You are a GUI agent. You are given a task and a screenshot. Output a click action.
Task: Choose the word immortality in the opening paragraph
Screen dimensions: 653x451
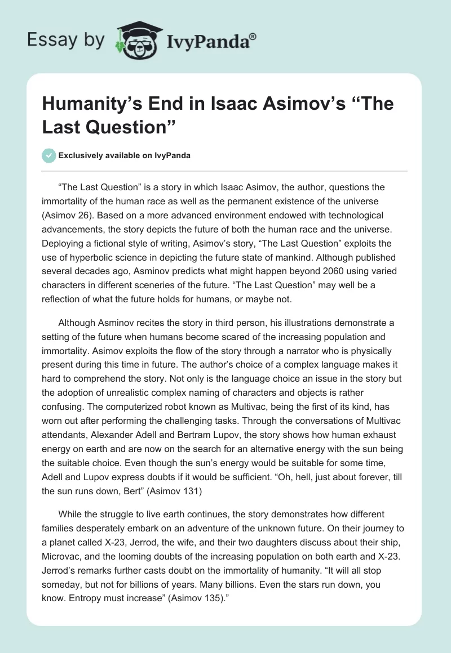[68, 201]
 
